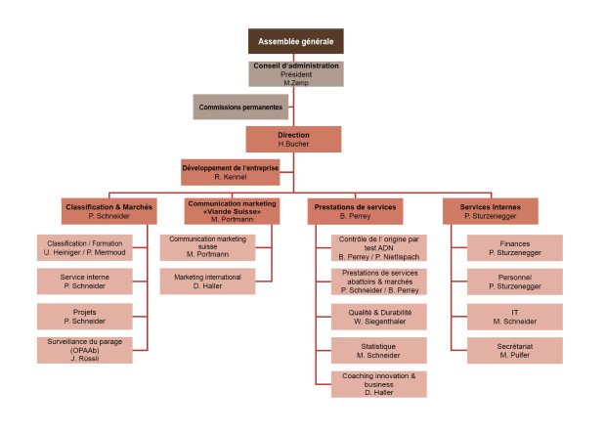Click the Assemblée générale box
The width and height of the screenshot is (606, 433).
295,41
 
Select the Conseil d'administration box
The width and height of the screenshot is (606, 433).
295,74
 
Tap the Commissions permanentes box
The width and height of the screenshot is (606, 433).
234,107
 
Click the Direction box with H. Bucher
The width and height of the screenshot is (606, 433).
293,139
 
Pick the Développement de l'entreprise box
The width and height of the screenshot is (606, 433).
231,172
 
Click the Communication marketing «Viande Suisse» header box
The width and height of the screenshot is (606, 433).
226,211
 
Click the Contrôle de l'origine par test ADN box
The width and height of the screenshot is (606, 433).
377,248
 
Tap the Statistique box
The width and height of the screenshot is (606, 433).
377,350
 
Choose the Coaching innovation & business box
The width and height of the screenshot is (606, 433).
377,384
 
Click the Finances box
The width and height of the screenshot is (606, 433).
514,248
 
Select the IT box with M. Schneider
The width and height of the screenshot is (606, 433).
514,316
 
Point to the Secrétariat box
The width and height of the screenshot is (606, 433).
514,350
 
